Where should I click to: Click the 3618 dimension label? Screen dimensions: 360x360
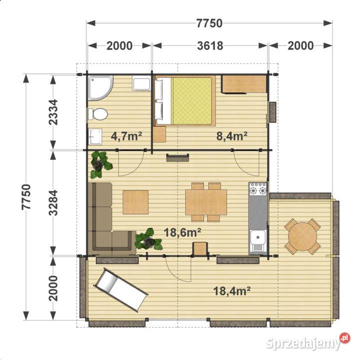[x=210, y=45]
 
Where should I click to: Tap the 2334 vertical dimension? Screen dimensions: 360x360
[x=53, y=112]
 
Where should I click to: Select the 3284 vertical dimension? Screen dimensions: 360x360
[x=53, y=203]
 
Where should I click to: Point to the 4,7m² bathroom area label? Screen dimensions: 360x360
[x=126, y=136]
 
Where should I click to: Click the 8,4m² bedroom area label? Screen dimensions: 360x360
[x=232, y=136]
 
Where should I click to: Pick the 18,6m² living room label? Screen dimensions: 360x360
[x=183, y=232]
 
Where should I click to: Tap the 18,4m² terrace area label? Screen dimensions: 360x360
[x=232, y=291]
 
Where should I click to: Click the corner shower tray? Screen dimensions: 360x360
[x=100, y=87]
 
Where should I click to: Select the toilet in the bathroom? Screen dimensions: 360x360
[x=98, y=114]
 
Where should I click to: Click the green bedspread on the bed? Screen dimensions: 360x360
[x=192, y=101]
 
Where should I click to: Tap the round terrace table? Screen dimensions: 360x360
[x=303, y=236]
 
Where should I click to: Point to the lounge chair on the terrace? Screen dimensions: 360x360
[x=120, y=290]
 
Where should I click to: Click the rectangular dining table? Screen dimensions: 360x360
[x=206, y=202]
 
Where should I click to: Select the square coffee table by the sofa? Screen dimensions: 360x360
[x=135, y=202]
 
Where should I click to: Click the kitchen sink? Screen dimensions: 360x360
[x=258, y=240]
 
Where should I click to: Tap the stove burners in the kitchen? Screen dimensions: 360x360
[x=258, y=189]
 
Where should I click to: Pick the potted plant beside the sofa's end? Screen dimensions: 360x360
[x=149, y=239]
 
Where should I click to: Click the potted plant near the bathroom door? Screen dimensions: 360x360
[x=100, y=164]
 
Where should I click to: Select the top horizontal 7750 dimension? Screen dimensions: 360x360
[x=209, y=23]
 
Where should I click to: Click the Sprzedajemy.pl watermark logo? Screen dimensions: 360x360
[x=308, y=342]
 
